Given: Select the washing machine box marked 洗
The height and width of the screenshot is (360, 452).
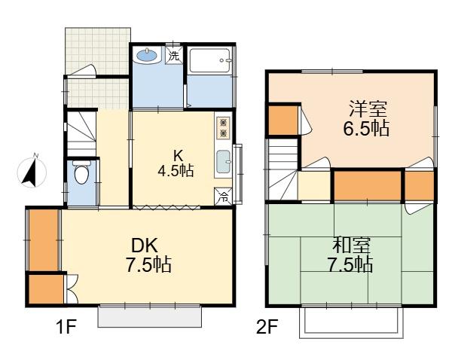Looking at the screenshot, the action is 174,55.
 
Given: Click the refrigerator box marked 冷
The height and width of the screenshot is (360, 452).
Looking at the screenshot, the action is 223,197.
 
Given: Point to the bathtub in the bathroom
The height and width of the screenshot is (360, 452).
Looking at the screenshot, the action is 209,60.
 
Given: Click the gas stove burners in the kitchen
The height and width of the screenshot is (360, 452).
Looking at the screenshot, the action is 223,128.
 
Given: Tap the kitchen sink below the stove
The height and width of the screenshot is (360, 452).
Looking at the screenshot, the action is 224,162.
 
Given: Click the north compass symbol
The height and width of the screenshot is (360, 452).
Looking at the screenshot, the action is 32,172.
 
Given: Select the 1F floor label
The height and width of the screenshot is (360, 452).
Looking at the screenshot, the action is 66,328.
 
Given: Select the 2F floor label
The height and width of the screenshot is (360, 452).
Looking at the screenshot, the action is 267,328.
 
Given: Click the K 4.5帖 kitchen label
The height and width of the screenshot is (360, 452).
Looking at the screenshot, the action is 176,163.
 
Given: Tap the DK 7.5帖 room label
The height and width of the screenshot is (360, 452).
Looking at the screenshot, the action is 148,255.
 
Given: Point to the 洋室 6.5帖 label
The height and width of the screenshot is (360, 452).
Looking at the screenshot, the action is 366,118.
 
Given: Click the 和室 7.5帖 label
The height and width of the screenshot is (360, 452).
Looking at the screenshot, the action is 350,255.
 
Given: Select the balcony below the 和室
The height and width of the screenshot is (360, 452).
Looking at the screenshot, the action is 351,322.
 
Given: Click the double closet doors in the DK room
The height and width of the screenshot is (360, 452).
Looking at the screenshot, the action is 72,288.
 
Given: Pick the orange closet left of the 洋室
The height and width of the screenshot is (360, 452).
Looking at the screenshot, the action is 283,121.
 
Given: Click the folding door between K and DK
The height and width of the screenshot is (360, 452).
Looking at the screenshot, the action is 166,206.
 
